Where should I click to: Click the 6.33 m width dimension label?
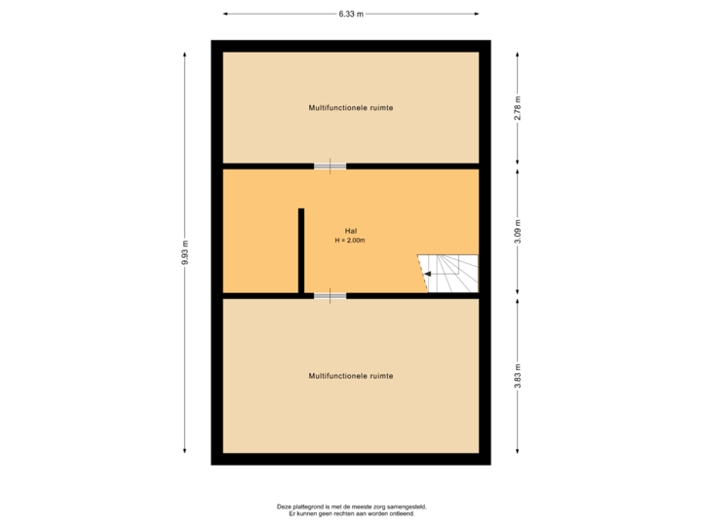pos(350,14)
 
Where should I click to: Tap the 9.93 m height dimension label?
pos(184,252)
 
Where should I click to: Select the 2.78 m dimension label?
pos(518,107)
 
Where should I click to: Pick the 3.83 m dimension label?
pos(518,376)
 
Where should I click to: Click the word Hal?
pos(350,230)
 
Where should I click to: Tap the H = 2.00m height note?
pos(350,240)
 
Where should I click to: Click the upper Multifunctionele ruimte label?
pos(350,107)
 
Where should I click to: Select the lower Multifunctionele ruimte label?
pos(350,375)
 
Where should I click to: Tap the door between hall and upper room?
pos(330,166)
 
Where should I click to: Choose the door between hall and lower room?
pos(330,295)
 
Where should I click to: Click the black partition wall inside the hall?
pos(301,250)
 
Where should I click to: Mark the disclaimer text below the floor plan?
pos(351,508)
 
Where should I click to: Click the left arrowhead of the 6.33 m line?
pos(225,14)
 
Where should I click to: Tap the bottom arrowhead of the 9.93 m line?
pos(184,450)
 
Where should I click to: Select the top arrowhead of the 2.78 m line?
pos(518,55)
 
